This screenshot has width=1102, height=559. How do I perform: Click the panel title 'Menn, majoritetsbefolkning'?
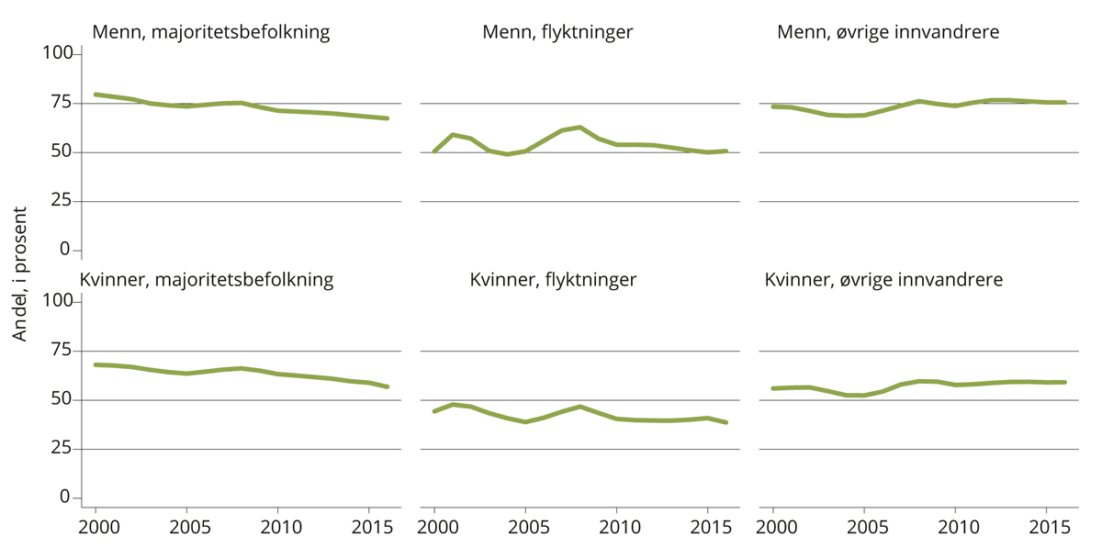click(211, 33)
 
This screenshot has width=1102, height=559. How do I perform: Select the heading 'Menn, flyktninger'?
click(557, 33)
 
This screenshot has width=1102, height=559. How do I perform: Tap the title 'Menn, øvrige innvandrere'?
click(888, 33)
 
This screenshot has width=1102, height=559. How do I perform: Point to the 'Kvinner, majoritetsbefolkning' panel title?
click(207, 280)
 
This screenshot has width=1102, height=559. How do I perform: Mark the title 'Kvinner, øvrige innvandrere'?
click(883, 280)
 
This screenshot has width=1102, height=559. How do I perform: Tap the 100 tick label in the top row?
click(57, 54)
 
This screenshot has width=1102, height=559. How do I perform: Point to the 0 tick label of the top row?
click(65, 250)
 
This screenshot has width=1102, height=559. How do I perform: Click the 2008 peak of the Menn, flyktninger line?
click(579, 127)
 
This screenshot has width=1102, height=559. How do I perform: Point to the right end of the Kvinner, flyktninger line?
click(725, 422)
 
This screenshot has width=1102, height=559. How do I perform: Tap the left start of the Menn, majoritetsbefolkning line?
click(96, 95)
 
